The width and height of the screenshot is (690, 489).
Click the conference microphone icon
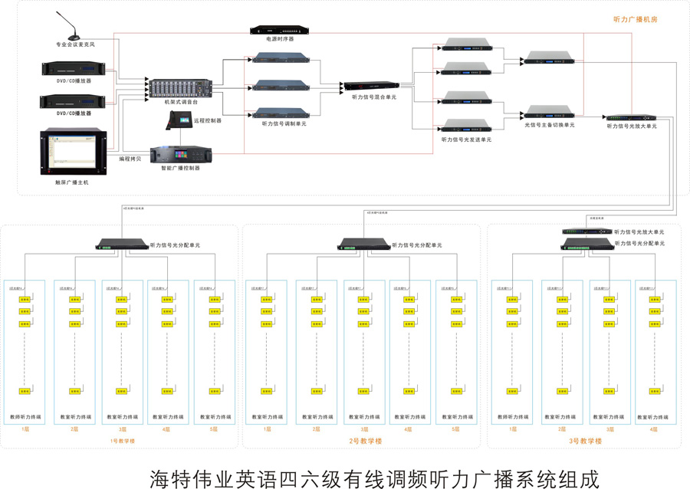[x=71, y=28]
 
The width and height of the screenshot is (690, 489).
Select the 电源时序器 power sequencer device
[x=280, y=30]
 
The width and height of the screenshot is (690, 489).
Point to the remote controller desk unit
[x=181, y=120]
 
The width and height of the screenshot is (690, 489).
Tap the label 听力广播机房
[x=636, y=20]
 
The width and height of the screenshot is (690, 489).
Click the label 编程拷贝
[x=130, y=159]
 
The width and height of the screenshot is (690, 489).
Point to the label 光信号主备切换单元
[x=549, y=125]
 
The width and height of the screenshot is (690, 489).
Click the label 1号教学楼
[x=122, y=441]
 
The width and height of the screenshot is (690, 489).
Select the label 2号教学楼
[x=365, y=441]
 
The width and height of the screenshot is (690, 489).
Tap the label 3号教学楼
[x=585, y=441]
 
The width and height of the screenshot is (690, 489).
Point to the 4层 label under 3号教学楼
[x=654, y=429]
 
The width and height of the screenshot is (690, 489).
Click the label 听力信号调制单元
[x=284, y=123]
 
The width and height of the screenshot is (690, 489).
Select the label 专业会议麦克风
[x=74, y=45]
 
